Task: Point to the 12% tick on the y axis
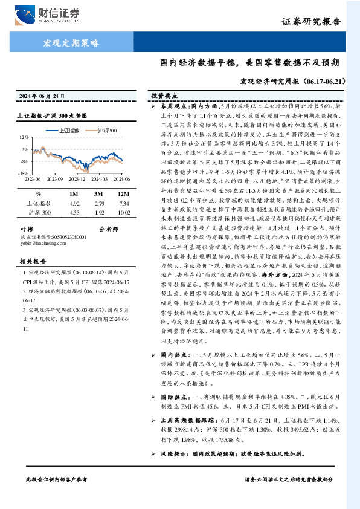pos(24,137)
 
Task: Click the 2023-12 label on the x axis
pos(77,179)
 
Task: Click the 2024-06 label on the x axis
pos(121,179)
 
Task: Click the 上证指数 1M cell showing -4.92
pos(74,204)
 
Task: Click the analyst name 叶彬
pos(26,229)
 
